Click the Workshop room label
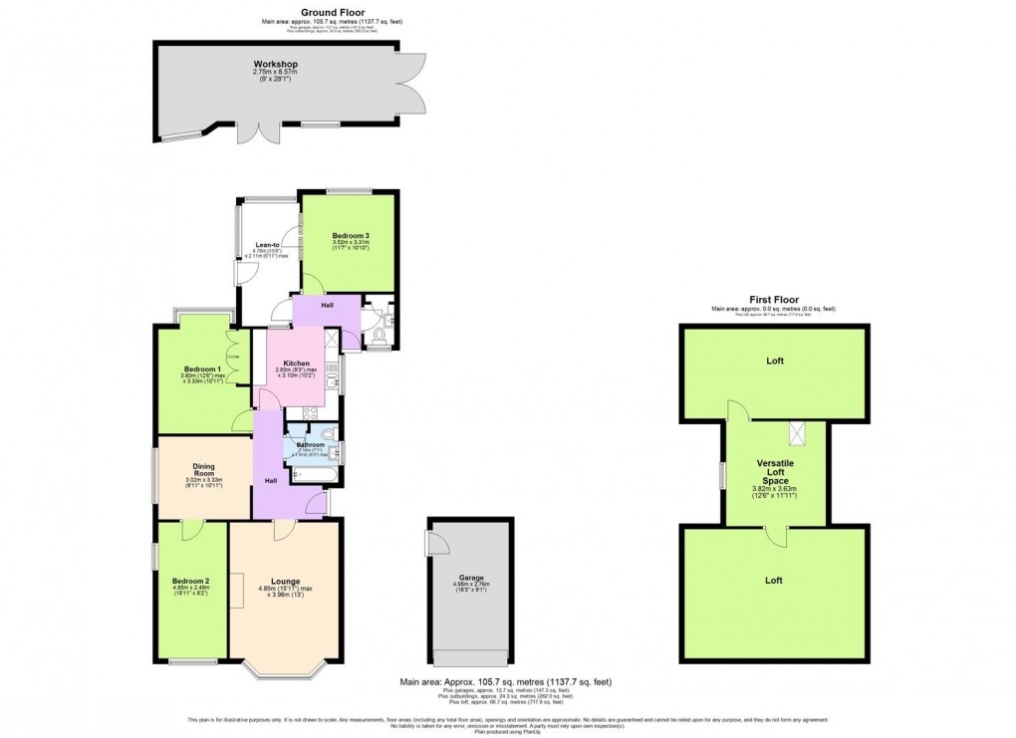click(x=276, y=65)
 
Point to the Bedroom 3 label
click(x=350, y=236)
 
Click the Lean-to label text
click(x=266, y=244)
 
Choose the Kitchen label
click(x=297, y=363)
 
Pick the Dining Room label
click(x=204, y=470)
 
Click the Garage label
click(x=470, y=580)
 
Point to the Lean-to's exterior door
click(x=240, y=275)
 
